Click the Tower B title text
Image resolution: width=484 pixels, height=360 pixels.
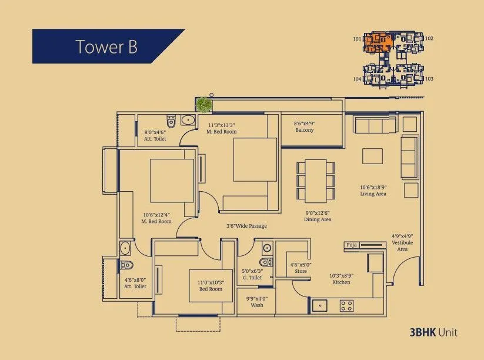click(106, 46)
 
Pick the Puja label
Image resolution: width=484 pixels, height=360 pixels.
click(352, 245)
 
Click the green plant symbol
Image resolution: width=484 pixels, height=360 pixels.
click(203, 104)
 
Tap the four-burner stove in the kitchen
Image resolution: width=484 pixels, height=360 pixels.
click(347, 305)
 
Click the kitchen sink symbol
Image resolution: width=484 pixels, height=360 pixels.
click(320, 305)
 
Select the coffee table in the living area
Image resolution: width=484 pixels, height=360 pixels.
click(372, 156)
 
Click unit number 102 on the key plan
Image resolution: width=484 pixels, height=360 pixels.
click(429, 39)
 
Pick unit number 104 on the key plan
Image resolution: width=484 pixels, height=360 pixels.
click(357, 79)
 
